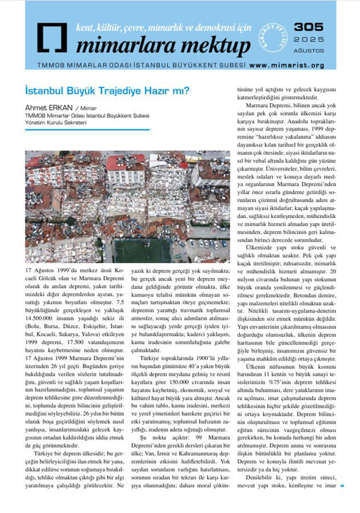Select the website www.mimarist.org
pyautogui.click(x=287, y=65)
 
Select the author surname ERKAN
pyautogui.click(x=62, y=108)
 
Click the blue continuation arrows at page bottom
pyautogui.click(x=342, y=485)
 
